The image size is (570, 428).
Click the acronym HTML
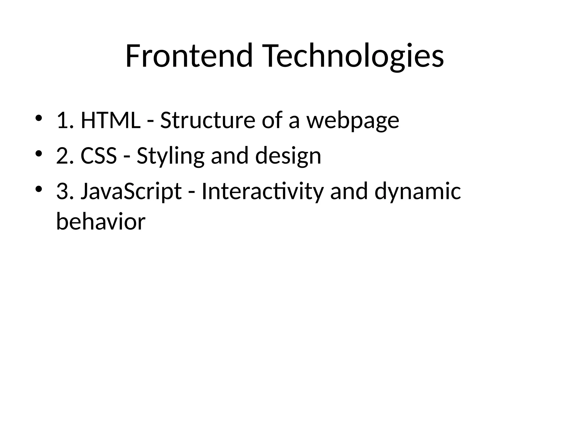point(110,120)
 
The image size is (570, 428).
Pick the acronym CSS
point(99,156)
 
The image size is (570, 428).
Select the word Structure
point(208,120)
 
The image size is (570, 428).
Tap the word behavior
point(101,221)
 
